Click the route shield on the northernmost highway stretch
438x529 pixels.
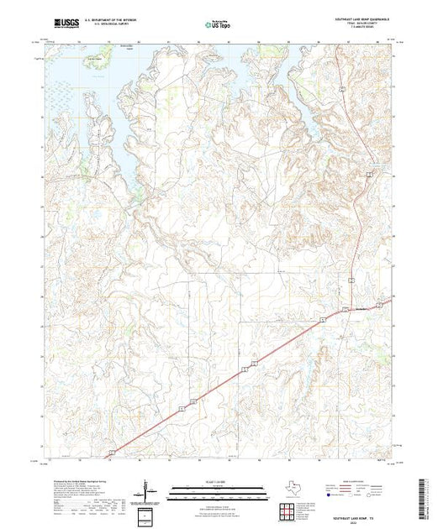tap(343, 86)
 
